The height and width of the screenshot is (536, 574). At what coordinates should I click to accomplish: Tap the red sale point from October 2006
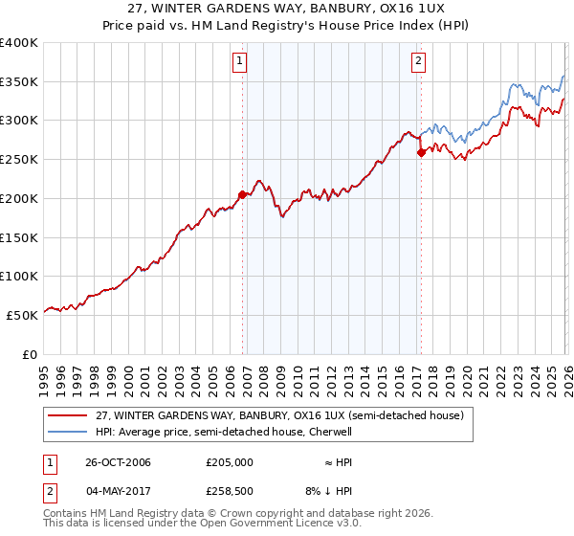click(x=242, y=194)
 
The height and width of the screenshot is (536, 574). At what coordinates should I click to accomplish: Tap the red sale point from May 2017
click(x=421, y=152)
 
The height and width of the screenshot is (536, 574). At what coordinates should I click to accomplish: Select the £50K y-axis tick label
click(x=21, y=314)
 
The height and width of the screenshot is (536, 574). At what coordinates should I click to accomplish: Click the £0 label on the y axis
click(x=29, y=353)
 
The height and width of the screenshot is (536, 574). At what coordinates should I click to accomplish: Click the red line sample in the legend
click(x=69, y=415)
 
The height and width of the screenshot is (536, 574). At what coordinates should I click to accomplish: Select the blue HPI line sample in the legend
click(x=69, y=432)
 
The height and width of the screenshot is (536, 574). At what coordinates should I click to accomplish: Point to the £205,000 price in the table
click(x=230, y=462)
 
